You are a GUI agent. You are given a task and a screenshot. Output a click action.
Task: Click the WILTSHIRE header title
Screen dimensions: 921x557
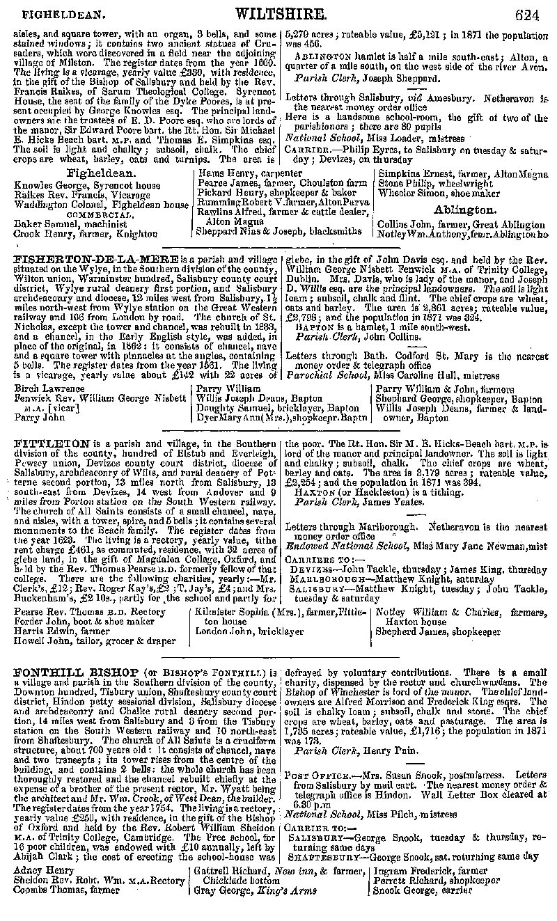point(281,13)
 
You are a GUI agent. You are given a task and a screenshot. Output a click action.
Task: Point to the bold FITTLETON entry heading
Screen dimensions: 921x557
point(52,443)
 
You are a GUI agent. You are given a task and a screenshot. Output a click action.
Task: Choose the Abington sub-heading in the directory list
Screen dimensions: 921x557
point(465,210)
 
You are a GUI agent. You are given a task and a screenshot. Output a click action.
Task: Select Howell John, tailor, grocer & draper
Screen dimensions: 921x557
point(95,640)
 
